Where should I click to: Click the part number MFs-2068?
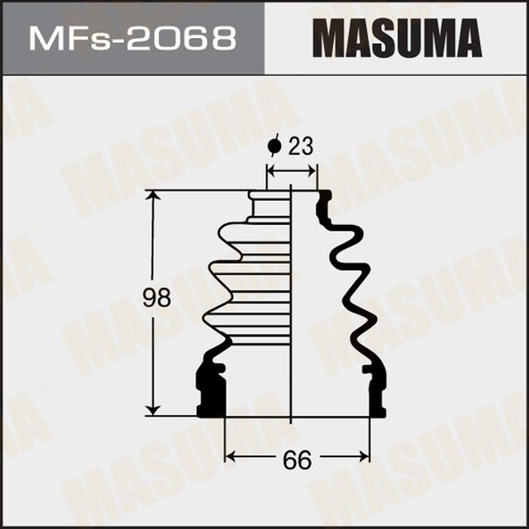pyautogui.click(x=131, y=38)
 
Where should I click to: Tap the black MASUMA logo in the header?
pyautogui.click(x=397, y=38)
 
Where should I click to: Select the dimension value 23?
pyautogui.click(x=301, y=147)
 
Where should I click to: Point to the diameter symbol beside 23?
pyautogui.click(x=274, y=147)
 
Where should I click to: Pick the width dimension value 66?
pyautogui.click(x=297, y=460)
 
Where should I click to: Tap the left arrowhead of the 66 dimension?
pyautogui.click(x=231, y=455)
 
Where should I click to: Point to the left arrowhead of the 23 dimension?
pyautogui.click(x=270, y=170)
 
